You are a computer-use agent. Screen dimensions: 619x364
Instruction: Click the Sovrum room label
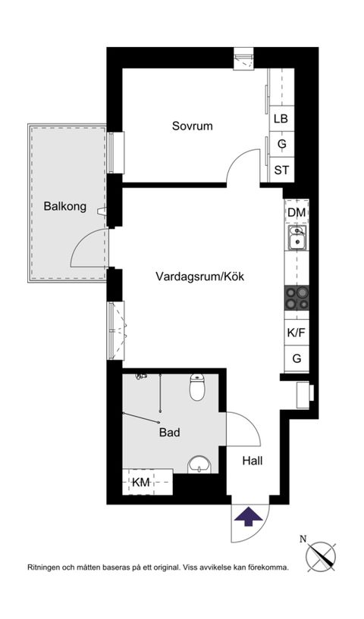point(192,126)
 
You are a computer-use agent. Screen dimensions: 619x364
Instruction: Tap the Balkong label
point(64,205)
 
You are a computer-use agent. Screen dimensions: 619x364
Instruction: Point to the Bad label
point(169,433)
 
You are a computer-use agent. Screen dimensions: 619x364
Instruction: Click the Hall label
point(253,461)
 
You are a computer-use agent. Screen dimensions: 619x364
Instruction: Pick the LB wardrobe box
point(281,118)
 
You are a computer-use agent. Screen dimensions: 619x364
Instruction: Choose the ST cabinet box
point(281,169)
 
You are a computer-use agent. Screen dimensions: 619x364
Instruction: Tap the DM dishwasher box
point(297,212)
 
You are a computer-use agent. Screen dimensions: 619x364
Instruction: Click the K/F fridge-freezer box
point(297,332)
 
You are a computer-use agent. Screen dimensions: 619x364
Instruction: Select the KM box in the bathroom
point(141,482)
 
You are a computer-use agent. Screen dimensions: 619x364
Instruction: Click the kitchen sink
point(297,239)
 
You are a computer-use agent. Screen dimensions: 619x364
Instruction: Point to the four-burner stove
point(297,299)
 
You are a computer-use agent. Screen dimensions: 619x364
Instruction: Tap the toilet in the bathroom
point(197,388)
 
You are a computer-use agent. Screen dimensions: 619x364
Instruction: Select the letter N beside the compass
point(303,539)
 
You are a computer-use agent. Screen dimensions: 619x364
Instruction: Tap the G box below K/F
point(297,359)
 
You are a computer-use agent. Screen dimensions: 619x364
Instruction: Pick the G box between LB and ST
point(281,144)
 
